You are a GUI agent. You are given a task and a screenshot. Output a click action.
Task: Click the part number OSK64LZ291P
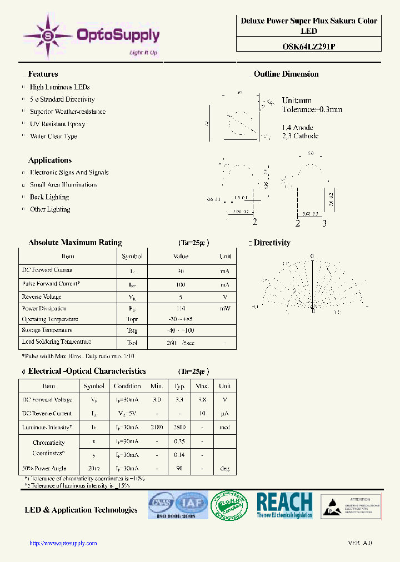308,47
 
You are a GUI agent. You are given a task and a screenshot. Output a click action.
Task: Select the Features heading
43,74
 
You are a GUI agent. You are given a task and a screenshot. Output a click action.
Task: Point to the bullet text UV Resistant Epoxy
57,124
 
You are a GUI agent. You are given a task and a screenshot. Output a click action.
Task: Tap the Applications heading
49,160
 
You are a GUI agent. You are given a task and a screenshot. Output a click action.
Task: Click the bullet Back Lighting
49,197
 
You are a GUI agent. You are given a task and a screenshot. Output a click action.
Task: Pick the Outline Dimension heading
286,74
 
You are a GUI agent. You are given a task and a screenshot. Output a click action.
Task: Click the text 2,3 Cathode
300,136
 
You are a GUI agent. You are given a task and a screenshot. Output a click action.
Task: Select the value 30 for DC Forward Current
180,272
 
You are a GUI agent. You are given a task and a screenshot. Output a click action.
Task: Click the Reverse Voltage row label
41,297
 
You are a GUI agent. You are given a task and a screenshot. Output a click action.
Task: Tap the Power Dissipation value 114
180,308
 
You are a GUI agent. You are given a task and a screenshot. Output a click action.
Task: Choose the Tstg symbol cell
132,330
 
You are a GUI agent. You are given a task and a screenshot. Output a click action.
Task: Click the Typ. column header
179,386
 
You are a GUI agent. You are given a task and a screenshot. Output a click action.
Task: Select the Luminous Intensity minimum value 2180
157,427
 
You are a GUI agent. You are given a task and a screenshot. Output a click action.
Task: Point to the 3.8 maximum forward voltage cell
202,399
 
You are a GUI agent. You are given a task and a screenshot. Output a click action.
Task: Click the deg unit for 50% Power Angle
224,468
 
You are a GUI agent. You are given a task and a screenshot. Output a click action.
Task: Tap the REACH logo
284,505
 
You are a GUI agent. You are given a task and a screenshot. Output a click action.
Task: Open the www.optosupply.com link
63,543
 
